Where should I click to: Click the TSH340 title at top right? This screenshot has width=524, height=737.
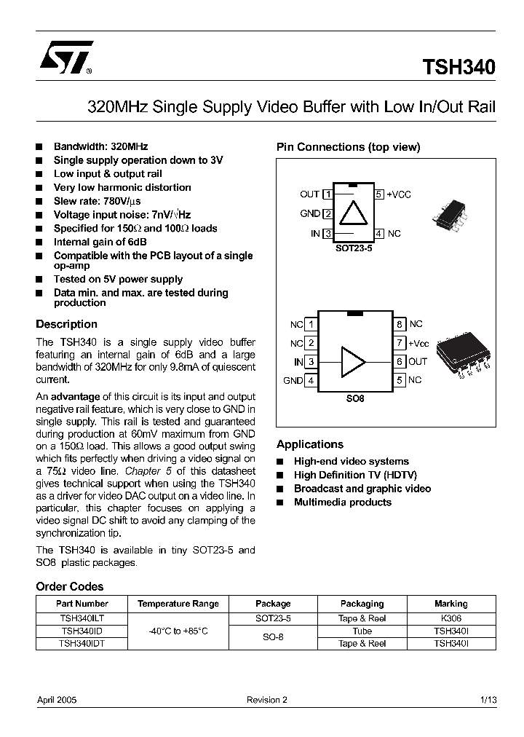tap(458, 67)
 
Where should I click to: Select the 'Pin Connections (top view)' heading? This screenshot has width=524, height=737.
tap(348, 147)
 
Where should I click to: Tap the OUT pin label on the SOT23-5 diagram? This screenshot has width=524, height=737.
tap(309, 194)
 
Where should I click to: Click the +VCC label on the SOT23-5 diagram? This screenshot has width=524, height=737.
tap(398, 194)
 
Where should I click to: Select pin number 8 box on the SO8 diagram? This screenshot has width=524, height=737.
tap(400, 324)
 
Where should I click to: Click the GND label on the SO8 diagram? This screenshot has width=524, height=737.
tap(293, 380)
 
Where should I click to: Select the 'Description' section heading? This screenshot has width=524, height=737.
tap(66, 324)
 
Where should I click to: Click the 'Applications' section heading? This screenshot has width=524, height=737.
tap(309, 444)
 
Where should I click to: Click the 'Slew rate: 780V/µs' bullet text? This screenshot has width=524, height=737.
tap(97, 201)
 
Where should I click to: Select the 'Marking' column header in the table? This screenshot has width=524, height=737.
tap(450, 604)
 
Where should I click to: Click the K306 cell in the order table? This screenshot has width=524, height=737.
tap(450, 618)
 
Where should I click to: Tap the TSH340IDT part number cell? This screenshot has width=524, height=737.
tap(82, 644)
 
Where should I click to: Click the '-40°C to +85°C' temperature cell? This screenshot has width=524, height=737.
tap(178, 631)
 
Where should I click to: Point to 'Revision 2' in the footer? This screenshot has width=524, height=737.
tap(266, 700)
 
